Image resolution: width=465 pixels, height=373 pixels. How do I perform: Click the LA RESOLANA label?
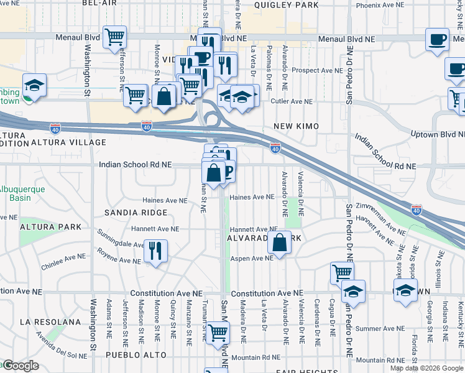(x=50, y=322)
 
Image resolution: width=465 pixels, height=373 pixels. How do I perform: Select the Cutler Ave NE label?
(x=291, y=101)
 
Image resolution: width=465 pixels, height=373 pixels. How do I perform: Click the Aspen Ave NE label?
(x=249, y=259)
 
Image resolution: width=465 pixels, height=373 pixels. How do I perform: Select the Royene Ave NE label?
(x=117, y=258)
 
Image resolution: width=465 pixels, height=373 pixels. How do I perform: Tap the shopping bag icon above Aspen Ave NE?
(x=280, y=243)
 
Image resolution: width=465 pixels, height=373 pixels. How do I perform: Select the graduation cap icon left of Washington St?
(x=34, y=85)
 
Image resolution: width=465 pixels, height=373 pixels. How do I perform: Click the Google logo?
(x=20, y=366)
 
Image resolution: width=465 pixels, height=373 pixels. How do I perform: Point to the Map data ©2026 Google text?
(x=426, y=367)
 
